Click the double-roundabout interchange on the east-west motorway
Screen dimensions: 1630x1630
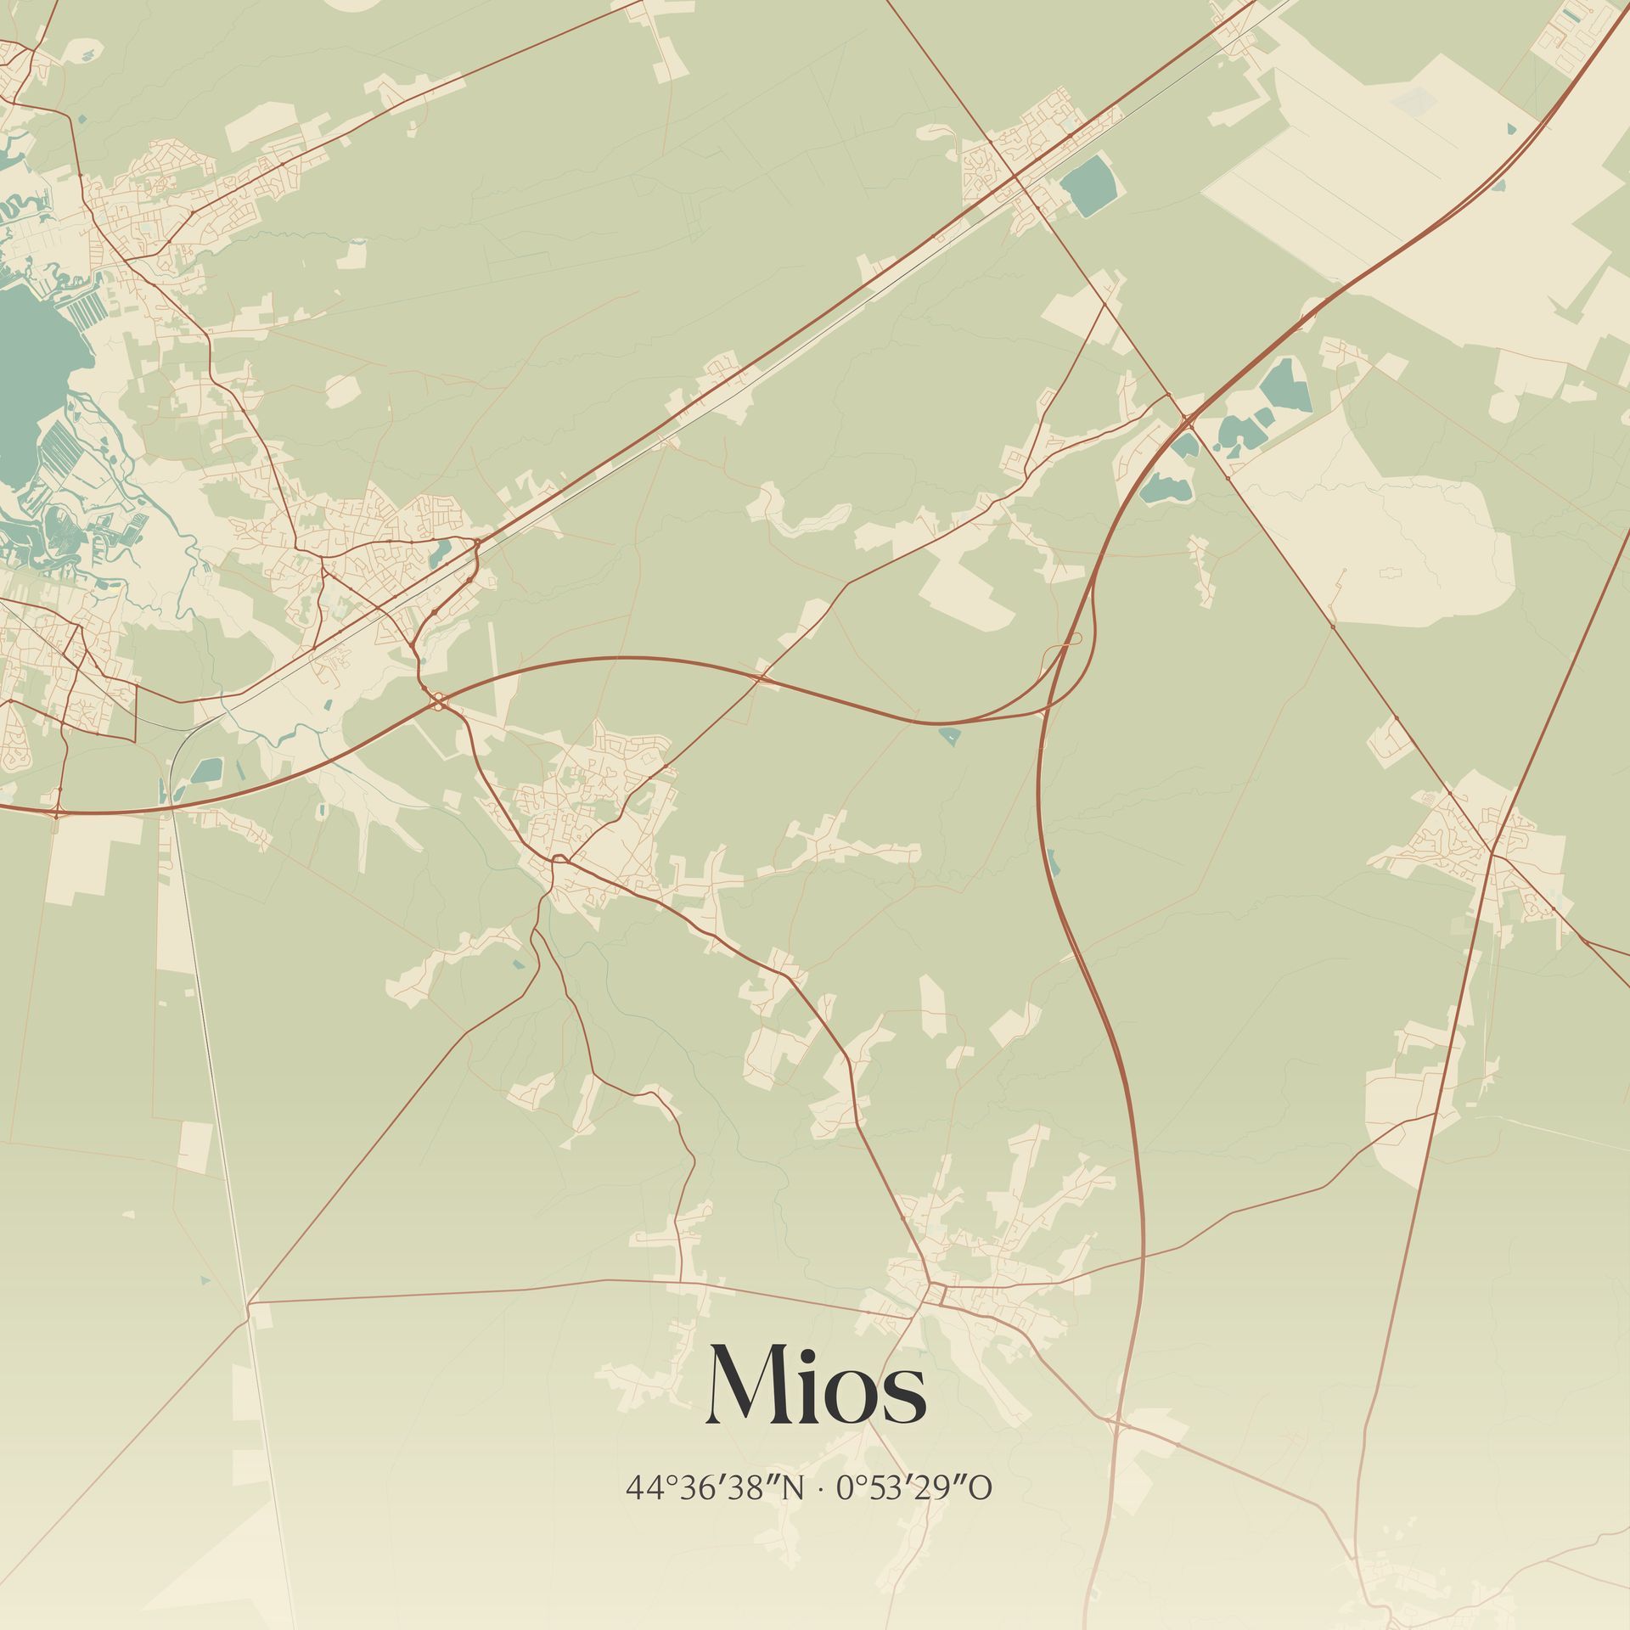click(438, 701)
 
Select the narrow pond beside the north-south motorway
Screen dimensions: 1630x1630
click(1054, 862)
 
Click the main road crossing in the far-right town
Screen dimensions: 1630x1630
click(1492, 852)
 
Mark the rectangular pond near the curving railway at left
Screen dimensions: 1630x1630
click(206, 771)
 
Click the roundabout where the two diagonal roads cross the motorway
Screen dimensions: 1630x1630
click(1186, 416)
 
